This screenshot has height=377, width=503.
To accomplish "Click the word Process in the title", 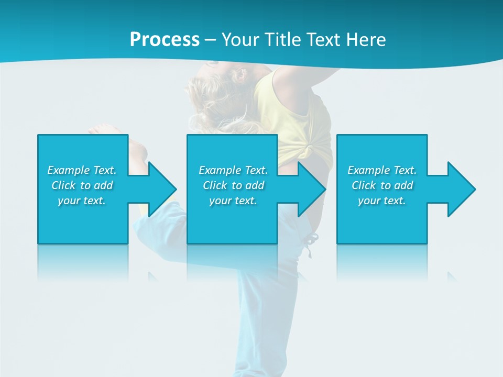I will pyautogui.click(x=165, y=40).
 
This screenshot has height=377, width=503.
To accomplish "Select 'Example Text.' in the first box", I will pyautogui.click(x=82, y=170).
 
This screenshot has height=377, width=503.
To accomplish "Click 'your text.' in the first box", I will pyautogui.click(x=82, y=201).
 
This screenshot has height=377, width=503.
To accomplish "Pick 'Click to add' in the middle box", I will pyautogui.click(x=233, y=185).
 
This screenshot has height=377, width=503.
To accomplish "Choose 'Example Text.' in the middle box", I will pyautogui.click(x=233, y=170).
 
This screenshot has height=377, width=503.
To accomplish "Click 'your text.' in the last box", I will pyautogui.click(x=382, y=201).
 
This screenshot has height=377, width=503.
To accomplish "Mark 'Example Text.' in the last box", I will pyautogui.click(x=382, y=170).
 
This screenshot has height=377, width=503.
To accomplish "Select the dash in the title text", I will pyautogui.click(x=210, y=40).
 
